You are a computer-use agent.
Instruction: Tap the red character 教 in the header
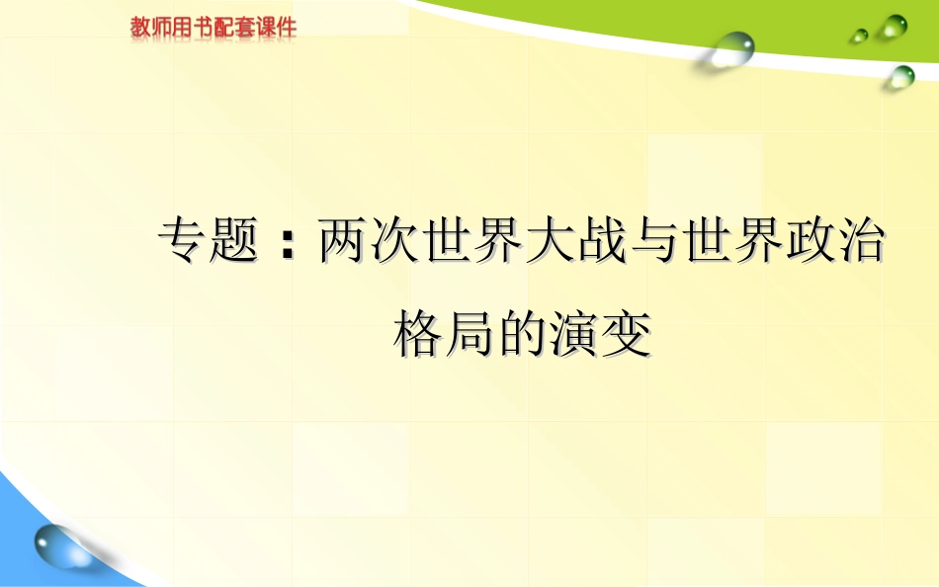140,28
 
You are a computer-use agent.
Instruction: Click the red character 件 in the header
286,28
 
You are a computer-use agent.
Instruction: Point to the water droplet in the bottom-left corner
60,544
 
